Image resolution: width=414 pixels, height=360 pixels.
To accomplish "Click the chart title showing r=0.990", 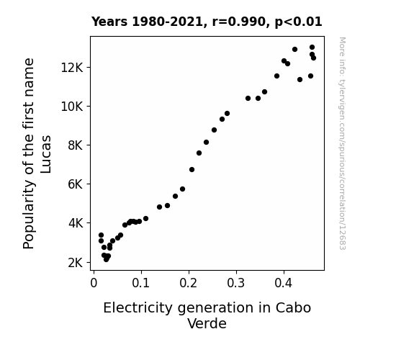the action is [x=207, y=22].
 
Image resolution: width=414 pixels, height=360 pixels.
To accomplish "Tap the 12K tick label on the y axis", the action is [x=72, y=68].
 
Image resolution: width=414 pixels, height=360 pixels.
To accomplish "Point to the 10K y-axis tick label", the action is [x=72, y=107].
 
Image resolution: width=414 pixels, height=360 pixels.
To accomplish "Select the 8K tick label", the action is [x=76, y=145].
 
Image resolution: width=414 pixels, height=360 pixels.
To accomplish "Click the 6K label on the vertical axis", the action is [x=76, y=184].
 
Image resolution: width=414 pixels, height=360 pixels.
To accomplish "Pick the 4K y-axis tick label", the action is [x=76, y=223].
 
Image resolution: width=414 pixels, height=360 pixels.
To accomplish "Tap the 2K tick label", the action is [x=76, y=263].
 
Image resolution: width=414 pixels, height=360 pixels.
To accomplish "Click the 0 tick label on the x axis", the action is [x=94, y=283].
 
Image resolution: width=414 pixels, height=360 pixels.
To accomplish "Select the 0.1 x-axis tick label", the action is [x=141, y=283].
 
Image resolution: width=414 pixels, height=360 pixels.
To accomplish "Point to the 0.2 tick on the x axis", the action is [x=189, y=283].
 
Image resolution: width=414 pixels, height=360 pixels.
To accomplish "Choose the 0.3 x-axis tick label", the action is [x=236, y=283].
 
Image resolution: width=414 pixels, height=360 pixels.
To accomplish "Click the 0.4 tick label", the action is [x=284, y=283].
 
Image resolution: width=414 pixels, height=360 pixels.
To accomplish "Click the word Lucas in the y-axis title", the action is [x=46, y=154].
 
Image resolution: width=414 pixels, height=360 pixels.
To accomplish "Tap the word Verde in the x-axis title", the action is [x=207, y=323].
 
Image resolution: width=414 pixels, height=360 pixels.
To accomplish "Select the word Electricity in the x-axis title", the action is [x=138, y=308].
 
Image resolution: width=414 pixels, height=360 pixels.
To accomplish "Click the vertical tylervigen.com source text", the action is [x=343, y=143].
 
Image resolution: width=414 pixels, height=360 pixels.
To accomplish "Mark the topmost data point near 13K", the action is [x=312, y=48].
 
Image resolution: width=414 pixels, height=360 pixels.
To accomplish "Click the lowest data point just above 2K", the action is [x=106, y=260].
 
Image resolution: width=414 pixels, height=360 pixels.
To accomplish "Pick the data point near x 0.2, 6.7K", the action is [x=192, y=170].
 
